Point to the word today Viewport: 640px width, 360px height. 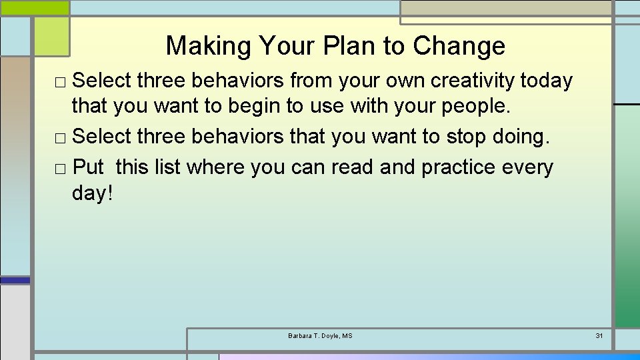(x=546, y=81)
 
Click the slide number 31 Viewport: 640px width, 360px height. (x=599, y=335)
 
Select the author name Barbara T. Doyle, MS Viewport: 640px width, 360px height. (x=320, y=335)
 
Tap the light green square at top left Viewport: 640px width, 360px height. (x=51, y=36)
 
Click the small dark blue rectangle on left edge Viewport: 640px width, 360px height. (x=15, y=281)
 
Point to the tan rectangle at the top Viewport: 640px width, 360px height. (x=506, y=8)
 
